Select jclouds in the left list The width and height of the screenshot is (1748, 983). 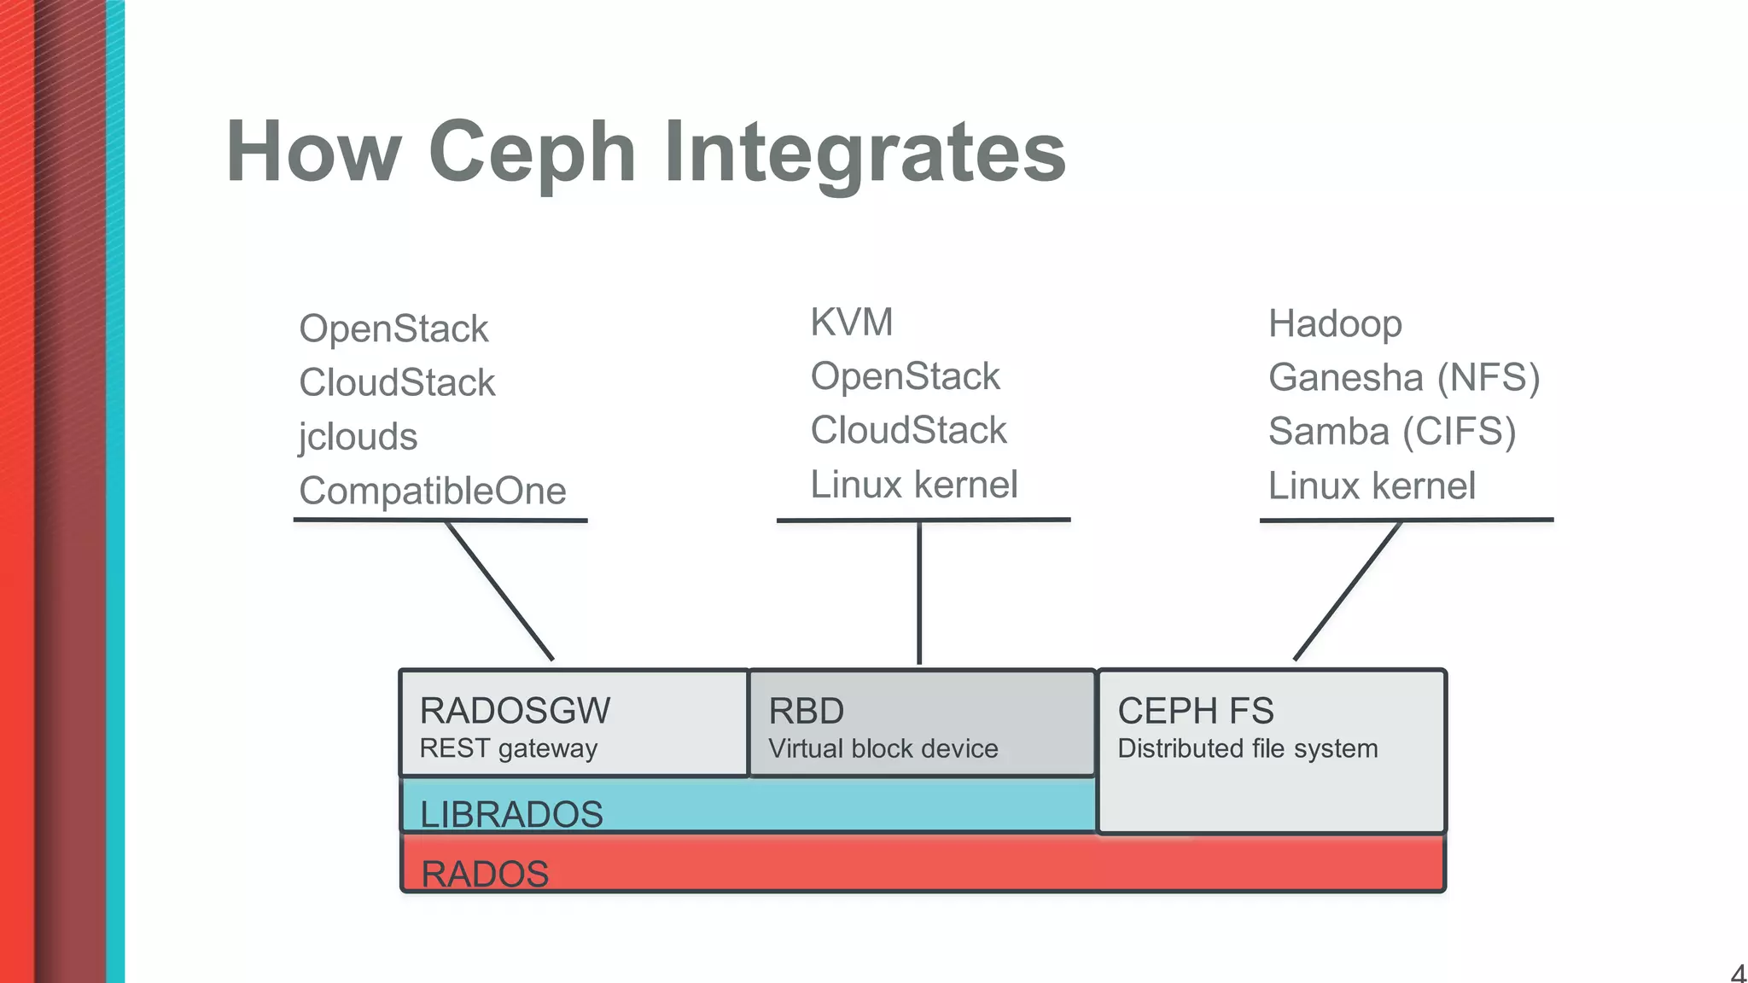(358, 437)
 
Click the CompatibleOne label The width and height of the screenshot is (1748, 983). (432, 491)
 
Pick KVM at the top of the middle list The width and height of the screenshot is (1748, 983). (851, 323)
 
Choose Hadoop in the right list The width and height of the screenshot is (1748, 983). (1335, 324)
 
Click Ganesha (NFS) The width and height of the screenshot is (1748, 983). (1403, 378)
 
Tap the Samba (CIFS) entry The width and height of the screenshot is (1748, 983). (1391, 432)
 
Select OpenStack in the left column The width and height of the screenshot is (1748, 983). (393, 329)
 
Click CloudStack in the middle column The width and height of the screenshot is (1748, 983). (908, 430)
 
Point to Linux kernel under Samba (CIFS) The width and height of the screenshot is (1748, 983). (1371, 486)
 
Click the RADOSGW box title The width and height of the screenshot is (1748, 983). (515, 711)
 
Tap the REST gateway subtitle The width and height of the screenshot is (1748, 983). (508, 748)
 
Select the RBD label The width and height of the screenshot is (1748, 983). (806, 711)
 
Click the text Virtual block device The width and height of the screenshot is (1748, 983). (883, 749)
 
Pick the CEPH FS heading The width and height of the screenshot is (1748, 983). (1195, 711)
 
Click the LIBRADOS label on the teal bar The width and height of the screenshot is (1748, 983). (511, 814)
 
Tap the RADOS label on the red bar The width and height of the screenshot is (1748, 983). (485, 874)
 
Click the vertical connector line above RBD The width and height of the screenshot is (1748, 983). (919, 593)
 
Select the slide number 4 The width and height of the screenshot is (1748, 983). (1737, 973)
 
